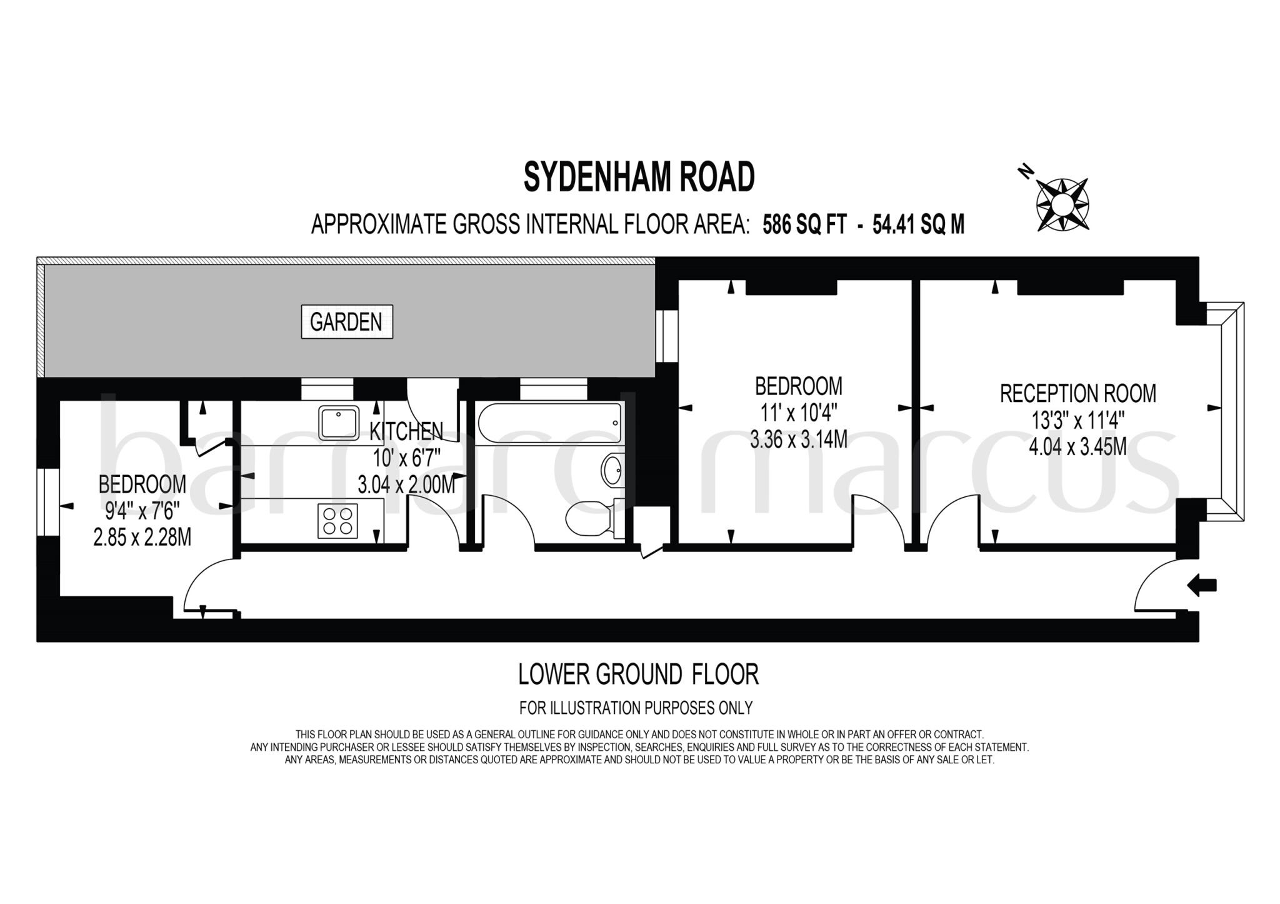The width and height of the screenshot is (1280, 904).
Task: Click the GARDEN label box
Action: [347, 322]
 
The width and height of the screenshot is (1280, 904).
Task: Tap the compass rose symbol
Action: [1062, 204]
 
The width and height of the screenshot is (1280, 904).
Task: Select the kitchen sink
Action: [338, 423]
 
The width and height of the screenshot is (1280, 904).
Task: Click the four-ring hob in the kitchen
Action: [337, 521]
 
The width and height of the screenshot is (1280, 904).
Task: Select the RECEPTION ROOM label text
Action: [1078, 394]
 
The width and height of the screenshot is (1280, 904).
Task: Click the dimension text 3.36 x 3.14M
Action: [798, 440]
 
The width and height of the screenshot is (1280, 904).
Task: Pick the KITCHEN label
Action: [406, 431]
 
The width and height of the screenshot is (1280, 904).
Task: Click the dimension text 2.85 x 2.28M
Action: [142, 537]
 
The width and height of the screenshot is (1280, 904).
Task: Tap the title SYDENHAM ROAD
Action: [639, 177]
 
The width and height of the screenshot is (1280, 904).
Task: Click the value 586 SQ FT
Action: [804, 224]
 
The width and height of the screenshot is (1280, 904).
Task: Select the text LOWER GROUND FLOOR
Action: [638, 675]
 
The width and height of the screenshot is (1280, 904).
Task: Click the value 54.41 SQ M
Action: [918, 224]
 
